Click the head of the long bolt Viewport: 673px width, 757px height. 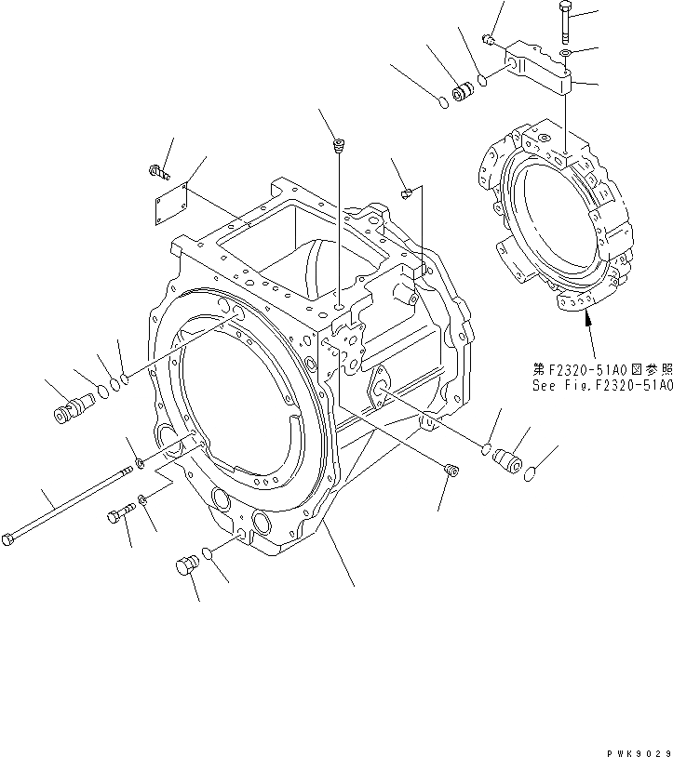(x=10, y=538)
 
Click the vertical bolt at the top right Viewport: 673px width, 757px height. (x=568, y=19)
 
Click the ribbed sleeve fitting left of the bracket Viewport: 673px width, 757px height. (x=460, y=94)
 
